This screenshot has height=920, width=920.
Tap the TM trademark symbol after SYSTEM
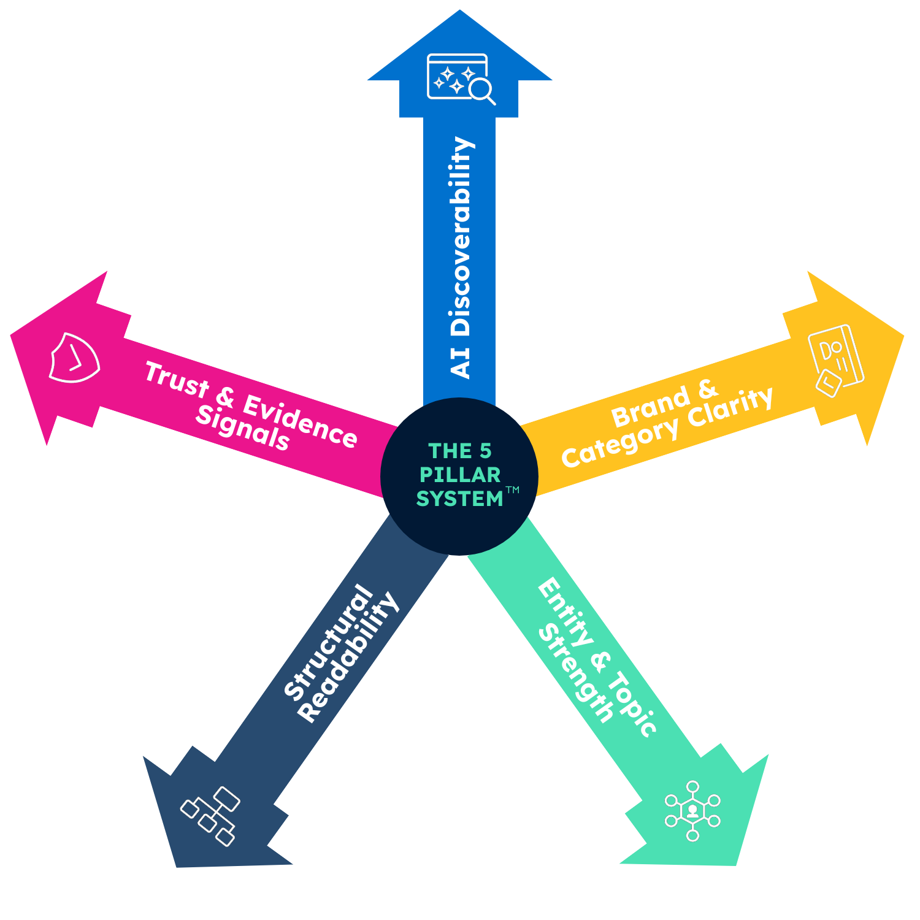[512, 489]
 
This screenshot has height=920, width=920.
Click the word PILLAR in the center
[460, 475]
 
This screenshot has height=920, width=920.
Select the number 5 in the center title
[485, 451]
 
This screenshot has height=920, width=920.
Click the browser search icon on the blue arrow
[461, 79]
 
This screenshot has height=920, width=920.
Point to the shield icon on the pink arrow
[74, 358]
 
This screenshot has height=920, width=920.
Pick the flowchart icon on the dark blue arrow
[210, 816]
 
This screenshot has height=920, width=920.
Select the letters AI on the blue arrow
[461, 362]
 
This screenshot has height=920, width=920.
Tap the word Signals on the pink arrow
[242, 428]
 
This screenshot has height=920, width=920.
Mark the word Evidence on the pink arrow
[301, 421]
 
